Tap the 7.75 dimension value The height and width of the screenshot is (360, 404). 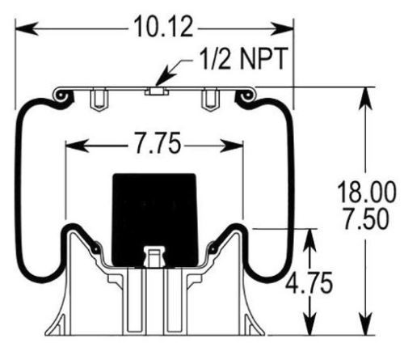coord(154,146)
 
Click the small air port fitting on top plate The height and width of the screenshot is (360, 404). coord(154,91)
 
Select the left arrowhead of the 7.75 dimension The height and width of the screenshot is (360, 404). coord(71,146)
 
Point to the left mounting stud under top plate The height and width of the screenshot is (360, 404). coord(99,100)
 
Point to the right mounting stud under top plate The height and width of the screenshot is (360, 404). coord(211,100)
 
